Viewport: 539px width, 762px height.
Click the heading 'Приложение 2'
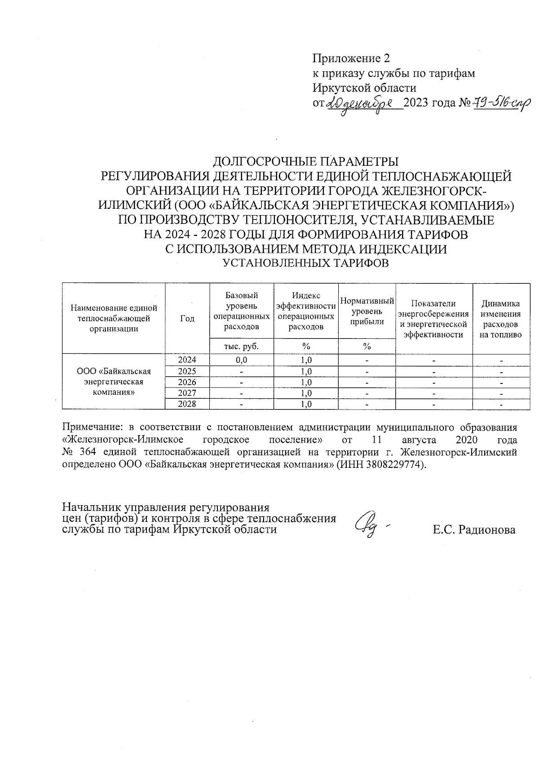pyautogui.click(x=351, y=58)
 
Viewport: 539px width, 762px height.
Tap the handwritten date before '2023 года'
pyautogui.click(x=364, y=103)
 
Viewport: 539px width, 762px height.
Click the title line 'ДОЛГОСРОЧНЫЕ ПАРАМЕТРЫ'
pyautogui.click(x=305, y=161)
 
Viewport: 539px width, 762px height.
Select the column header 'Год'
pyautogui.click(x=187, y=318)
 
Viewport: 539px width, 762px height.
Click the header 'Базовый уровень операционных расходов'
pyautogui.click(x=242, y=311)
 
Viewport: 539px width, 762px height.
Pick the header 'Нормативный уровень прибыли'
pyautogui.click(x=367, y=311)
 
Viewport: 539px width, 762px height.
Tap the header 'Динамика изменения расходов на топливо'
pyautogui.click(x=501, y=319)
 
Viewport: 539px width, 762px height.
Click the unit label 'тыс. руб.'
pyautogui.click(x=242, y=346)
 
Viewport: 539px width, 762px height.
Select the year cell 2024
pyautogui.click(x=187, y=360)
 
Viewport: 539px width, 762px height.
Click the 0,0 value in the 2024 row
pyautogui.click(x=242, y=360)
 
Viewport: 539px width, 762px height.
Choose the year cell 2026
pyautogui.click(x=187, y=382)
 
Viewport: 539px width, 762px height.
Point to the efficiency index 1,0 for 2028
pyautogui.click(x=306, y=404)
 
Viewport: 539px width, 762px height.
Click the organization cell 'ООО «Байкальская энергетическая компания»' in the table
pyautogui.click(x=114, y=382)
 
